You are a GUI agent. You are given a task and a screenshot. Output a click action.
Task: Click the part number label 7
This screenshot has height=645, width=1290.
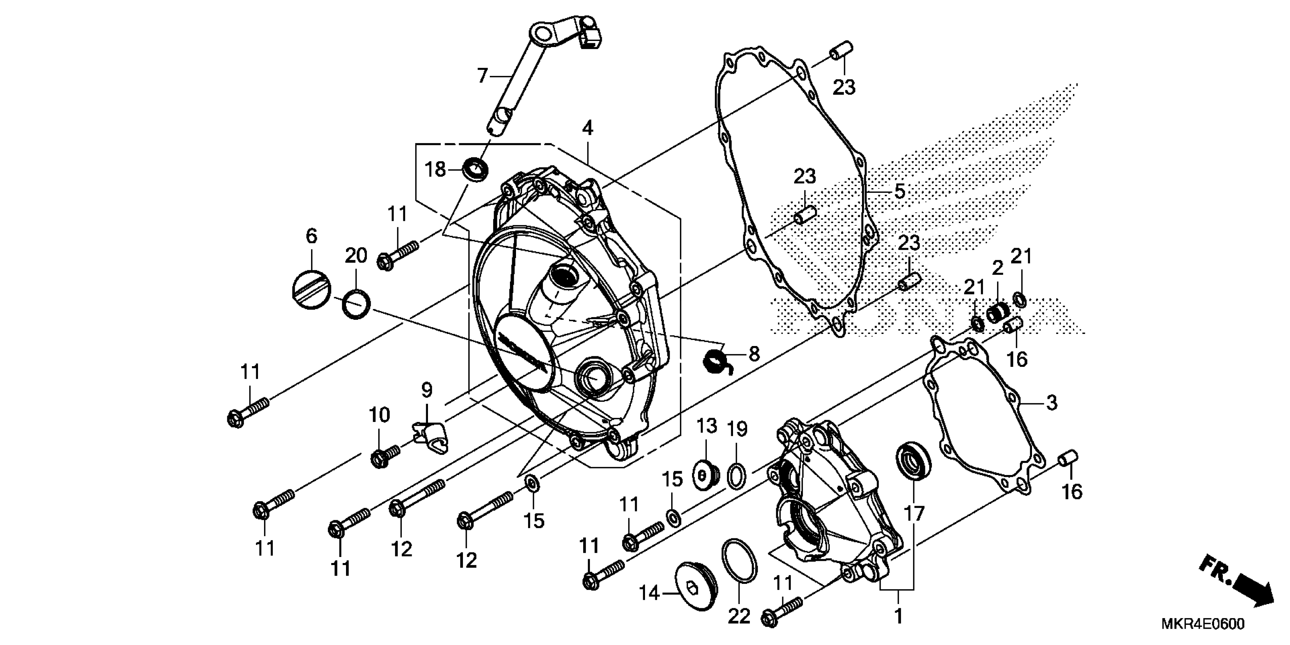tap(482, 76)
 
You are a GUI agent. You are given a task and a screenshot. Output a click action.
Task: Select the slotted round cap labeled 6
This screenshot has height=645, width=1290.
tap(311, 289)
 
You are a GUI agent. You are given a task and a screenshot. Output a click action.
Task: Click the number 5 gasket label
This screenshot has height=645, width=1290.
tap(899, 191)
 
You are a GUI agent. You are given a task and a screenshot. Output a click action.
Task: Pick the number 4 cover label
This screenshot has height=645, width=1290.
tap(587, 128)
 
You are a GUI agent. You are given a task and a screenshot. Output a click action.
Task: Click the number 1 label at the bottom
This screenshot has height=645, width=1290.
tap(898, 615)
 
